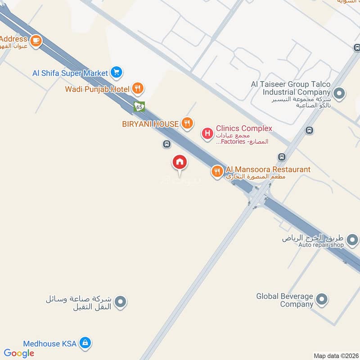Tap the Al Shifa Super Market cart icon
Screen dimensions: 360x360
tap(117, 72)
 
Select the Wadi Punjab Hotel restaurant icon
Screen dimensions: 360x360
tap(138, 89)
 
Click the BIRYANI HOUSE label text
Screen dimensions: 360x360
tap(150, 124)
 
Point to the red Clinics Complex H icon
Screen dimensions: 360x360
tap(207, 134)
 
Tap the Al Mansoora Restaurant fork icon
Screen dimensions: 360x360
tap(217, 171)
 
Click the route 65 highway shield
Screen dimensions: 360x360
tap(139, 107)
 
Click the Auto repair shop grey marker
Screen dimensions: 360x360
tap(354, 241)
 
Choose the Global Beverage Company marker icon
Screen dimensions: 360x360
tap(321, 300)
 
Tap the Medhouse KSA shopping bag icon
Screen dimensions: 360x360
tap(84, 343)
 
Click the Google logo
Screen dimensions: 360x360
tap(19, 353)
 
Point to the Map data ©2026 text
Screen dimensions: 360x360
tap(336, 356)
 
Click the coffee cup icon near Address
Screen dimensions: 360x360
tap(36, 41)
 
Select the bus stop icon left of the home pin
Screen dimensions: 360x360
tap(166, 144)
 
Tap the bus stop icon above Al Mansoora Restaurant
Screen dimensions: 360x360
tap(282, 157)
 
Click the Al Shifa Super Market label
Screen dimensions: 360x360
tap(70, 73)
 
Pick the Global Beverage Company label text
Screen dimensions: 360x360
tap(284, 300)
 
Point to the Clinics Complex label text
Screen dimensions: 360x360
tap(244, 128)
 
